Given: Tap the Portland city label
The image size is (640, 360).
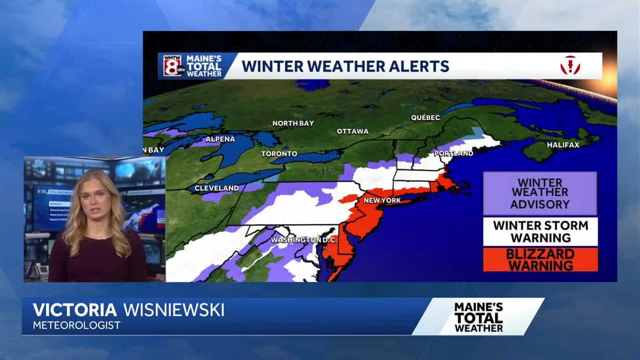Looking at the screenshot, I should (453, 154).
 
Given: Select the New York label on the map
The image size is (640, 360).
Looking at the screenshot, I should (381, 201).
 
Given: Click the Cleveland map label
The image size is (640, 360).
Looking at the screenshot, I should (217, 188).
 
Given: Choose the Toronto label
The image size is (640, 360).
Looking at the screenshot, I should (279, 154).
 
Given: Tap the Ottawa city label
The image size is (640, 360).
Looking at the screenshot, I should (353, 131).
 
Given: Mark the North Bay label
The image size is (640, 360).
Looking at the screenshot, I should (293, 123).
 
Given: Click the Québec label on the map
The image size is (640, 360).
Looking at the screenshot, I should (425, 117).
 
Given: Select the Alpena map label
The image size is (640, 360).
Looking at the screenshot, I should (220, 139).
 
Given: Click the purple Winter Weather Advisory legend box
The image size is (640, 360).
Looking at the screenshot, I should (540, 194).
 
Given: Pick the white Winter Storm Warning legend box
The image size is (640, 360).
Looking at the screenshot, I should (540, 231).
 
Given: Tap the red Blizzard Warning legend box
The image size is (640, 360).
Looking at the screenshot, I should (540, 259).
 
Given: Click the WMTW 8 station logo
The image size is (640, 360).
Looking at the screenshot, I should (172, 66).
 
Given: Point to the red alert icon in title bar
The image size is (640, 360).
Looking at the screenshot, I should (570, 66).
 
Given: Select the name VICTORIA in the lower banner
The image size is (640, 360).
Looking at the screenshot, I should (75, 310).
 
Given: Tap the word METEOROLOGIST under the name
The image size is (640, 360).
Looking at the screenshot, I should (76, 325).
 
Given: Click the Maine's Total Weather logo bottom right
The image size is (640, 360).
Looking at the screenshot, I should (478, 317).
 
